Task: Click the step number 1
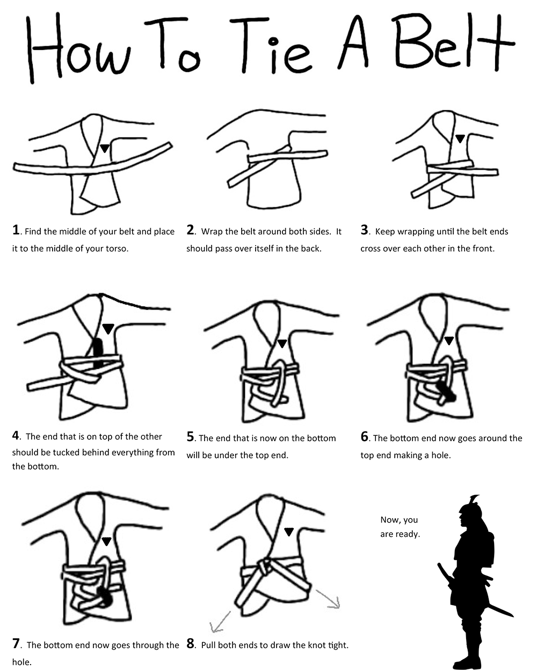click(x=16, y=231)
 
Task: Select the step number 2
click(x=190, y=231)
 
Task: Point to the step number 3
click(x=365, y=231)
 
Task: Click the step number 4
click(x=16, y=436)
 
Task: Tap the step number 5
click(x=190, y=438)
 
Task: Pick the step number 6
click(x=365, y=438)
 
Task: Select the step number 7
click(x=16, y=644)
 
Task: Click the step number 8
click(x=190, y=644)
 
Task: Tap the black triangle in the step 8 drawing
click(x=289, y=531)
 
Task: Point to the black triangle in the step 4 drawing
click(x=108, y=328)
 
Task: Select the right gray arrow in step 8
click(x=329, y=599)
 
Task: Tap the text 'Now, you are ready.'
click(x=400, y=527)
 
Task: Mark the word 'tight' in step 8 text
click(x=336, y=645)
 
